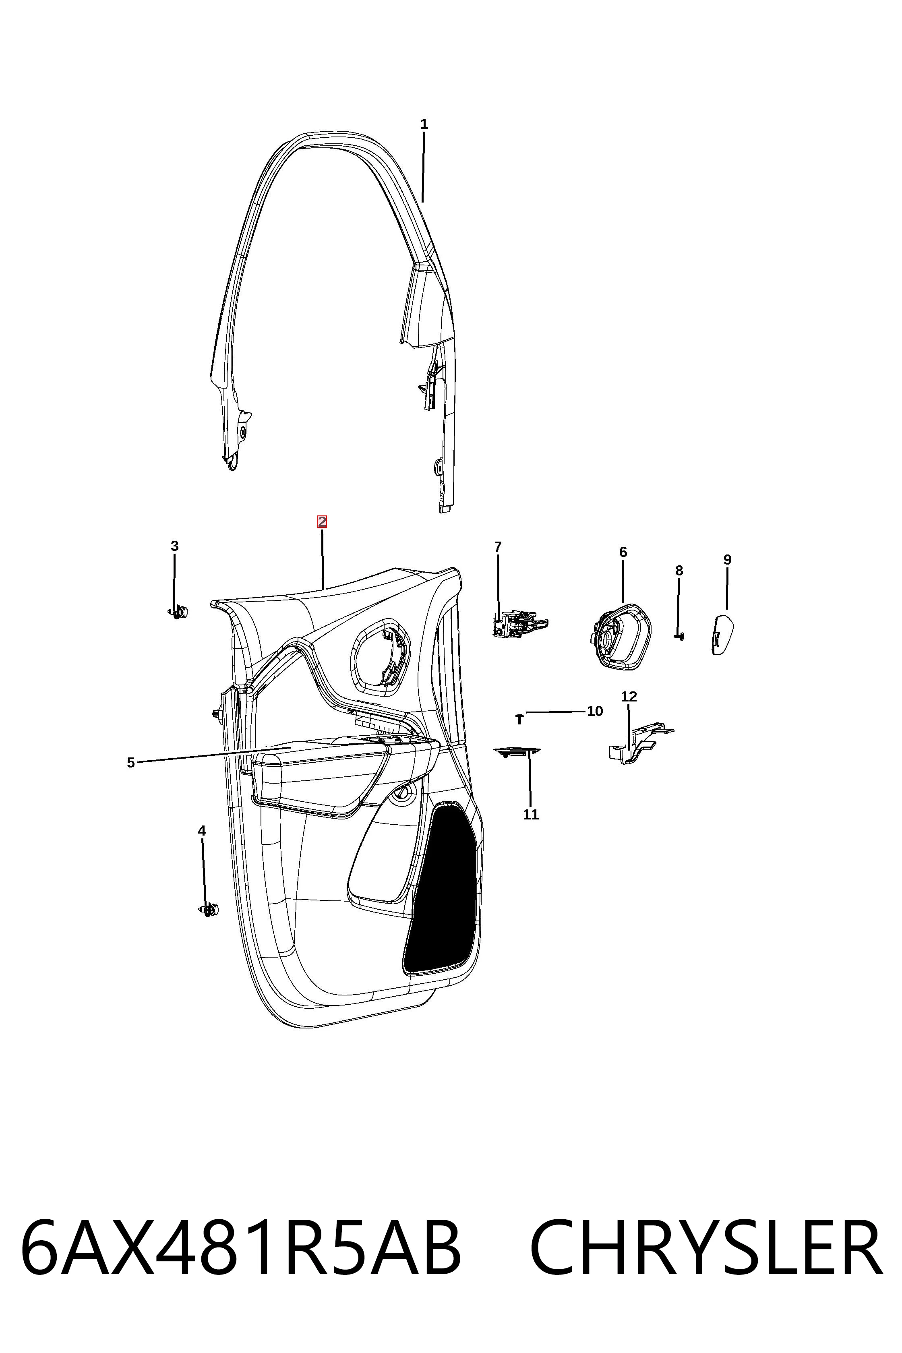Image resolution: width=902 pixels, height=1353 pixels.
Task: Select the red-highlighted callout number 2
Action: tap(322, 522)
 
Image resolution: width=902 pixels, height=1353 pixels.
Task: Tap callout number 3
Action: tap(175, 546)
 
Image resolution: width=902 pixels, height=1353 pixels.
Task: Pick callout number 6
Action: tap(623, 552)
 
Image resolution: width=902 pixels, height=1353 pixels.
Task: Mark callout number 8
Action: tap(679, 570)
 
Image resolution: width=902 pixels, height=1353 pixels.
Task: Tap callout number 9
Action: tap(727, 559)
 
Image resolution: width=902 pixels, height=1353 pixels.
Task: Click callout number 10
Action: tap(595, 711)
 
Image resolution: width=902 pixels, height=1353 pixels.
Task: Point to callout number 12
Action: tap(629, 696)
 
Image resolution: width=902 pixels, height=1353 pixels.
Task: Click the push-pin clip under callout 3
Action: tap(178, 612)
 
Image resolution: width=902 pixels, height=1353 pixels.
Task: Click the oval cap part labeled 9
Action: tap(722, 634)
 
